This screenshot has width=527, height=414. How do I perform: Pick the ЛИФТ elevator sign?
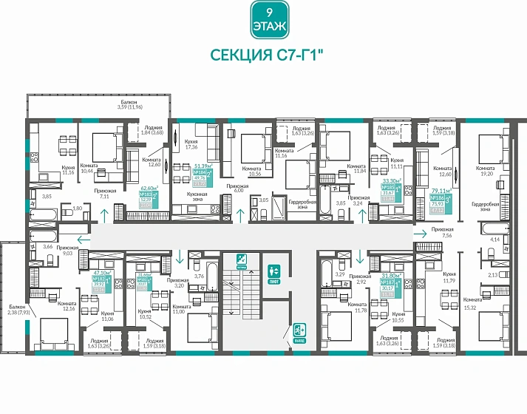click(x=273, y=273)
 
